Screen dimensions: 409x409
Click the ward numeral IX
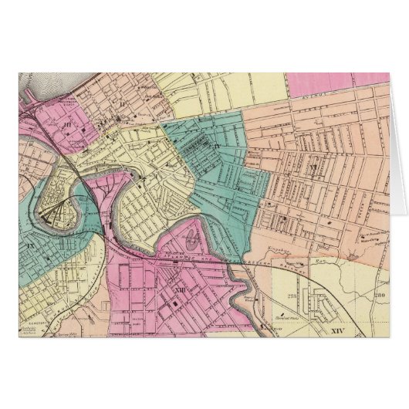pos(31,245)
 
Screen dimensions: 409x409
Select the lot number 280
pos(378,294)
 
